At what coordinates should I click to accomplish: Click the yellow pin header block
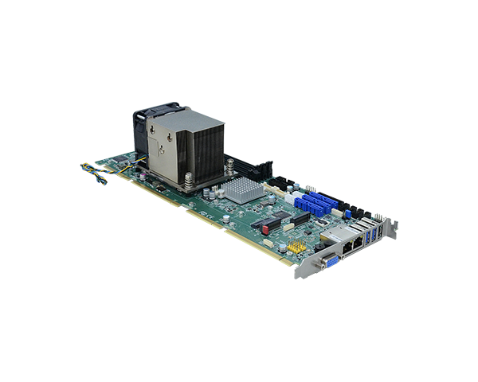point(296,248)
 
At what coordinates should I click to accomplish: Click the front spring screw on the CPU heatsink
point(188,185)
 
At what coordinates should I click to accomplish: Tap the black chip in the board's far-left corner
point(119,162)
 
